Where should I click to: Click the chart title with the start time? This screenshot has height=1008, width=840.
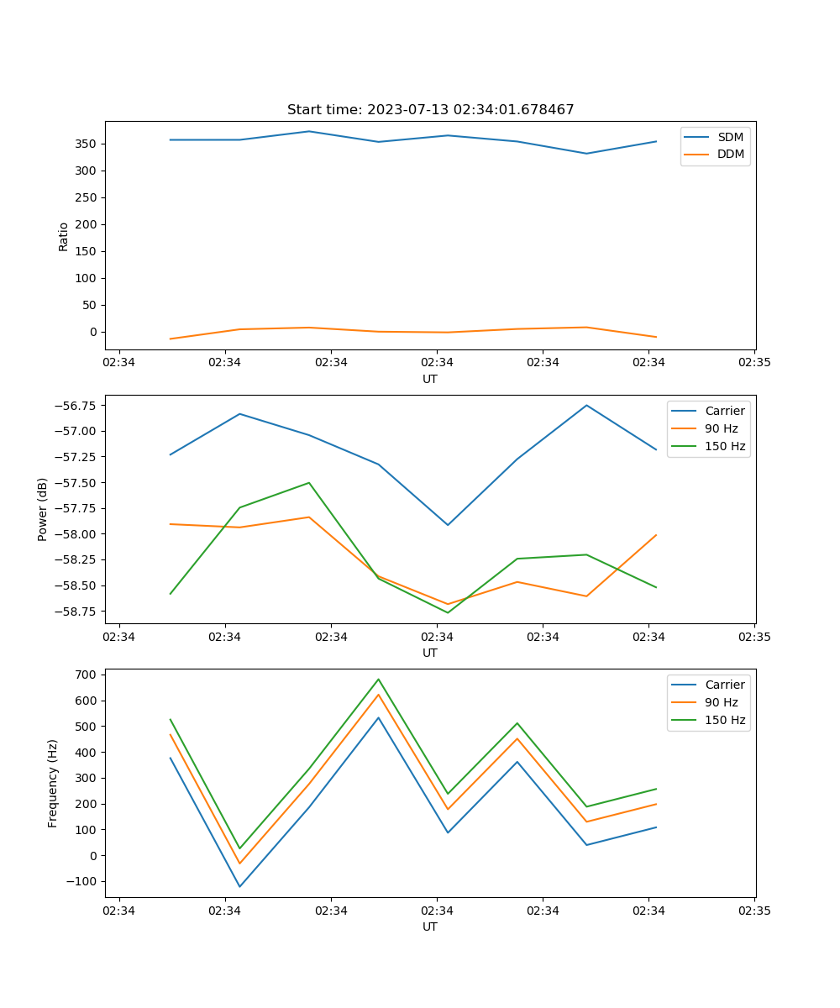(430, 110)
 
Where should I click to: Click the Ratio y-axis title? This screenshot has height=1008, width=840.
(64, 236)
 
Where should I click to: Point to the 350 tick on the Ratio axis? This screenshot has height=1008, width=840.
(87, 144)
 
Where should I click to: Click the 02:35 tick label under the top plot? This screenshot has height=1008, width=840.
(753, 363)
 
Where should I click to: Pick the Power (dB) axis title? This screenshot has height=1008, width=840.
(42, 509)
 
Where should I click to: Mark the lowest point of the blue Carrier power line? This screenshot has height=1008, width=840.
(448, 525)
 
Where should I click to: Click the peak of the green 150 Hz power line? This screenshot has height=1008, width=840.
(309, 483)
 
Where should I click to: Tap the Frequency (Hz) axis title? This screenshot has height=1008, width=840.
(53, 783)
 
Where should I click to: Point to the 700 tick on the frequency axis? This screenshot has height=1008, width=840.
(87, 675)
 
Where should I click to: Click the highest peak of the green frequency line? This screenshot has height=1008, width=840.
(378, 679)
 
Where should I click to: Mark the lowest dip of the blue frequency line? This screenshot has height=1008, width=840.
(239, 886)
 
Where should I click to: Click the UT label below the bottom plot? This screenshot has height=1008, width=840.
(430, 927)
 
